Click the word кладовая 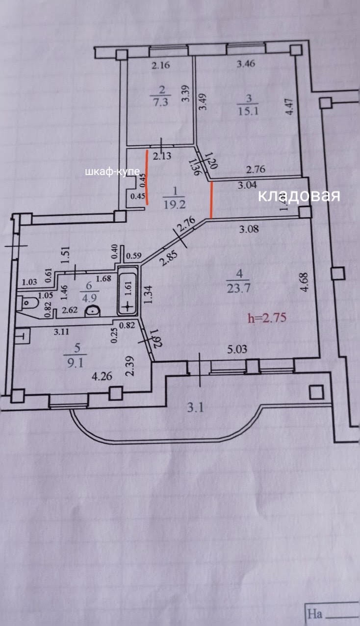click(299, 196)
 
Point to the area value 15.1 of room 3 click(247, 110)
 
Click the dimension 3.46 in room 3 click(245, 63)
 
